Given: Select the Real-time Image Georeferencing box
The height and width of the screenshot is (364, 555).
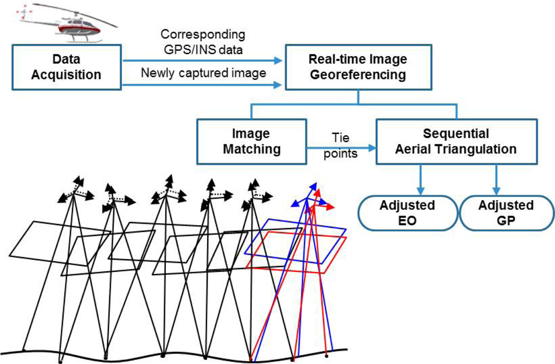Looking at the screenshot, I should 357,67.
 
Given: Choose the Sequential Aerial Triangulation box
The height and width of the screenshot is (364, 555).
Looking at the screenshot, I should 456,141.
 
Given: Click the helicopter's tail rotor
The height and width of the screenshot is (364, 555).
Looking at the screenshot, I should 24,12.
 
